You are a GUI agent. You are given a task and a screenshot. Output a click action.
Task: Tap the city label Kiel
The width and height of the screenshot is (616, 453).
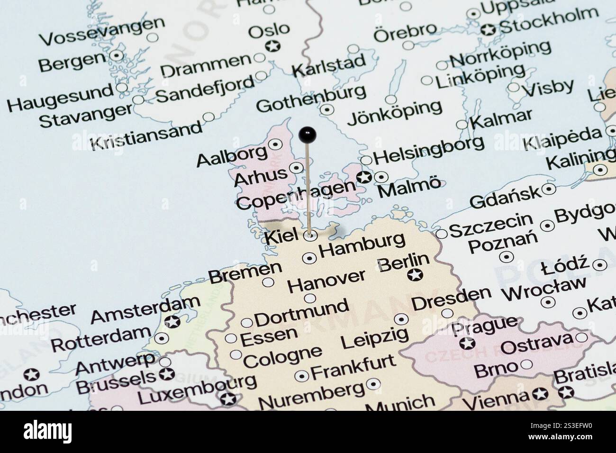click(x=281, y=236)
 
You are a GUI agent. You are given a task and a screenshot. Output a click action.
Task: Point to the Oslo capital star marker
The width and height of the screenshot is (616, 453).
click(x=272, y=46)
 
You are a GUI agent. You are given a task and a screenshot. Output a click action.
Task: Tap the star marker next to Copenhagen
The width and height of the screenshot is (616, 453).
click(x=364, y=178)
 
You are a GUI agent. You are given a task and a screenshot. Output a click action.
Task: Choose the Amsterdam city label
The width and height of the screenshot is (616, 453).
click(x=145, y=308)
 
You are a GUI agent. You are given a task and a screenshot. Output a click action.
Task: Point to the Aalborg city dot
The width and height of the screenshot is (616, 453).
click(x=275, y=145)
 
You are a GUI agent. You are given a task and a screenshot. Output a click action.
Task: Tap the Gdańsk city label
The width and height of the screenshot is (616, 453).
click(x=505, y=198)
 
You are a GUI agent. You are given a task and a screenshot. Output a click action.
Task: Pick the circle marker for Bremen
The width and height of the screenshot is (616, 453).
click(x=268, y=282)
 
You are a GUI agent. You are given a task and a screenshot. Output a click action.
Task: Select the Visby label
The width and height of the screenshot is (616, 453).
click(x=548, y=88)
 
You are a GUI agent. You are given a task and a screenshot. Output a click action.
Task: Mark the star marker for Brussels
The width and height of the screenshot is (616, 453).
click(x=166, y=374)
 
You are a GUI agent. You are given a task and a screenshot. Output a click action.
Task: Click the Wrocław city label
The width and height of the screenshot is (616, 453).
click(x=544, y=288)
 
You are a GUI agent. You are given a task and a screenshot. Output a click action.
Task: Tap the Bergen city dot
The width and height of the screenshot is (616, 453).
click(x=116, y=55)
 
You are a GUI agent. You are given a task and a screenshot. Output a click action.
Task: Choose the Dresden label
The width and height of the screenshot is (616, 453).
click(x=451, y=298)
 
